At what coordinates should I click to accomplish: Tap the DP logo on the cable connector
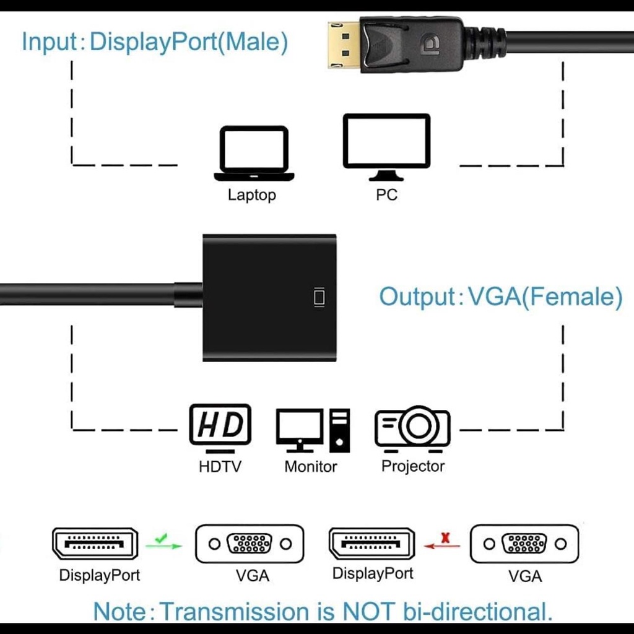click(x=428, y=45)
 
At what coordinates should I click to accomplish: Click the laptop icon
click(x=254, y=153)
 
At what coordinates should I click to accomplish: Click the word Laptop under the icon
click(x=251, y=195)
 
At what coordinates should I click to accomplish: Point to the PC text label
click(x=386, y=195)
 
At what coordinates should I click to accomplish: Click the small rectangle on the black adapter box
click(x=319, y=297)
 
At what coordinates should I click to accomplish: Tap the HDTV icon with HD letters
click(x=220, y=425)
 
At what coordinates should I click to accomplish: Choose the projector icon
click(x=412, y=427)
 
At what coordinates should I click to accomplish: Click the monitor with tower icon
click(x=312, y=429)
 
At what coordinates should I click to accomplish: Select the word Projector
click(x=413, y=466)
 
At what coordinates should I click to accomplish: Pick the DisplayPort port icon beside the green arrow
click(x=95, y=544)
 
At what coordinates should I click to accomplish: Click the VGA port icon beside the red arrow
click(x=524, y=544)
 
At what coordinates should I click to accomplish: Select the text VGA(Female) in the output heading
click(x=545, y=297)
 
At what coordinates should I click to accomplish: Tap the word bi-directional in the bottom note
click(x=477, y=612)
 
